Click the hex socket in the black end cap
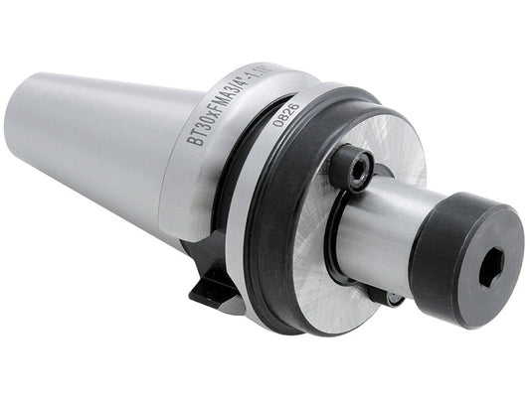[x=489, y=265]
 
